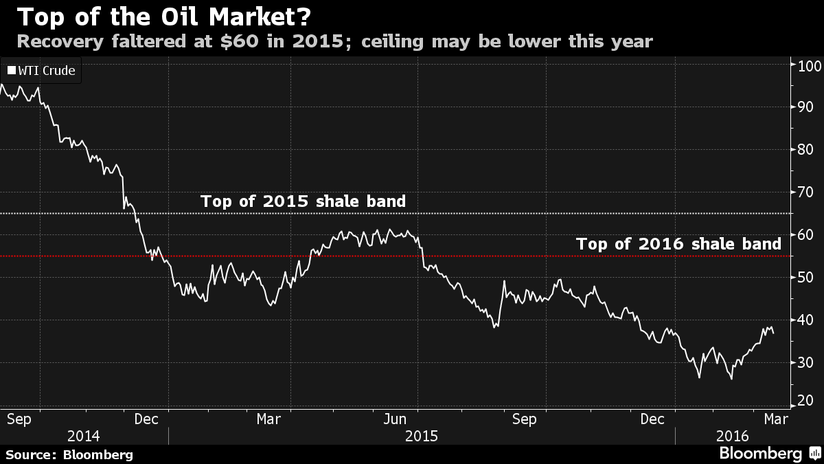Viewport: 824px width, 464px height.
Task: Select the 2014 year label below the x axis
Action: click(84, 437)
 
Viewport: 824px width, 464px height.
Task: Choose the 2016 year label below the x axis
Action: click(732, 437)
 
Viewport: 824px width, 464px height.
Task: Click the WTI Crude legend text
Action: click(47, 70)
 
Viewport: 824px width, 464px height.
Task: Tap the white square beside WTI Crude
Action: click(11, 70)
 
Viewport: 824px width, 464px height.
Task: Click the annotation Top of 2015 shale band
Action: click(303, 201)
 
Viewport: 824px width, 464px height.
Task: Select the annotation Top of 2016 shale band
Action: click(678, 243)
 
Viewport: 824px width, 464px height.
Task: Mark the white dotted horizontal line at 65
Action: click(481, 214)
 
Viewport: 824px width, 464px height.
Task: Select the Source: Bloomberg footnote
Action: click(69, 454)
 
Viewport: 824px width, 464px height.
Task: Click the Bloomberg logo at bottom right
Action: click(760, 454)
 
